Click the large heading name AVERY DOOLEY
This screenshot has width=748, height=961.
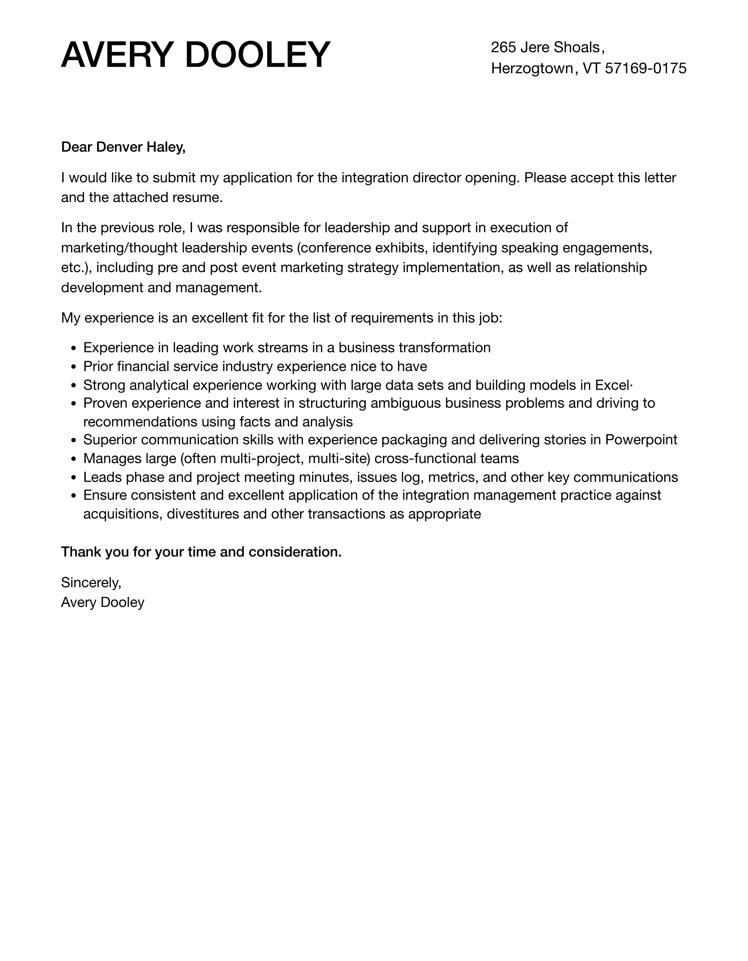pos(196,55)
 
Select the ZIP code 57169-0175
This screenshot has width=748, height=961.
pos(646,69)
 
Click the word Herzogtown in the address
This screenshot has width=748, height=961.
pos(532,69)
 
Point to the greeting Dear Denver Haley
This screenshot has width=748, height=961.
pos(123,147)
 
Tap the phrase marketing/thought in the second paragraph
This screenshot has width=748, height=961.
pos(119,248)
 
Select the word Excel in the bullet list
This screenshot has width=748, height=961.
pos(612,385)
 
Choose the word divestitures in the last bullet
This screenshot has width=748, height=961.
pos(203,514)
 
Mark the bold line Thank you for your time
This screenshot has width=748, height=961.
pos(201,552)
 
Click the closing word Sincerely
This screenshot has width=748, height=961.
pos(91,582)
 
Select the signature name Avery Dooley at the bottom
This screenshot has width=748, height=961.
pos(103,602)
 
